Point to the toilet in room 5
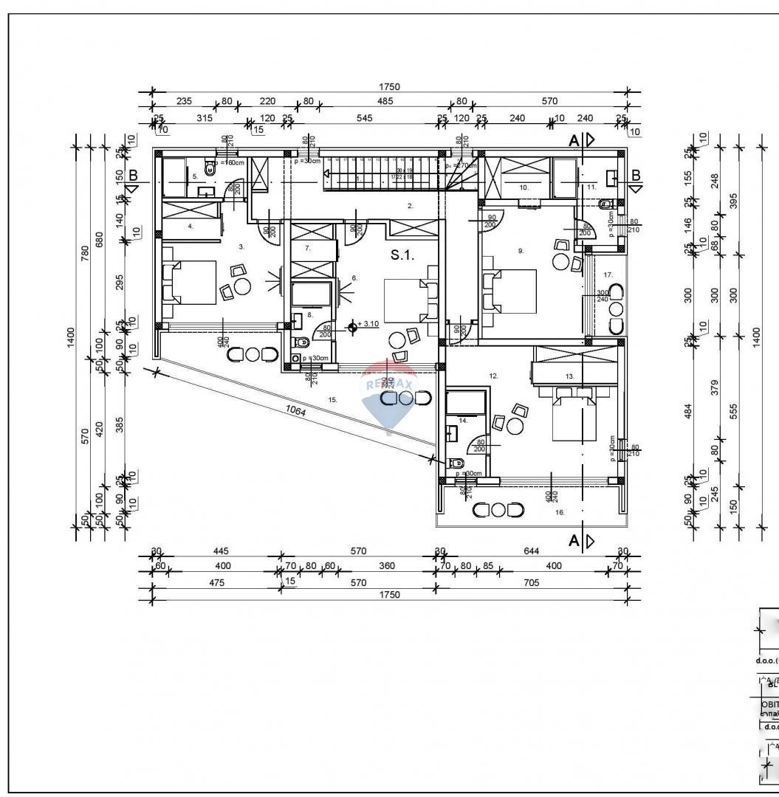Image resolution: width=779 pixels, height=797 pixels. click(210, 168)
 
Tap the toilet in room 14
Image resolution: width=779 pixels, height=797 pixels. click(456, 463)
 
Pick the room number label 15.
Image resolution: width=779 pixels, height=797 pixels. click(332, 399)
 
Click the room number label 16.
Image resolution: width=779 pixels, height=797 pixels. click(560, 511)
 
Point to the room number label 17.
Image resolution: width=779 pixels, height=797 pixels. click(608, 275)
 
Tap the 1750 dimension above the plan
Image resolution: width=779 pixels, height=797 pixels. click(389, 86)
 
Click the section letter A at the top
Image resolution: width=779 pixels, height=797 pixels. click(573, 139)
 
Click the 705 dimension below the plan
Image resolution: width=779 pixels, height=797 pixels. click(530, 582)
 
